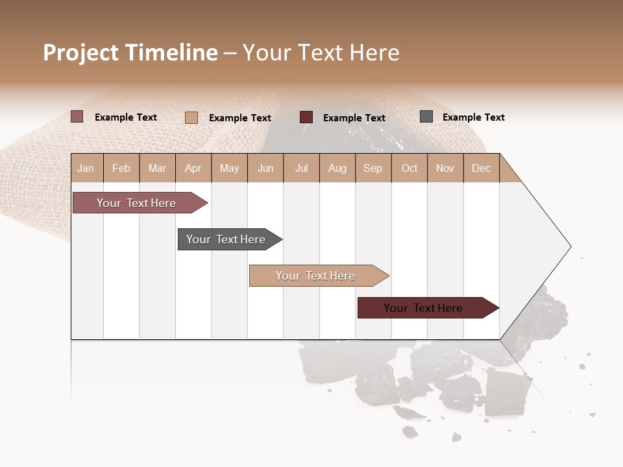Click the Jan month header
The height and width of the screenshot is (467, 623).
coord(86,168)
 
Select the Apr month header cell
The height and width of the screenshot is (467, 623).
coord(193,168)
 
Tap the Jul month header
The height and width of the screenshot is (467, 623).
coord(301,168)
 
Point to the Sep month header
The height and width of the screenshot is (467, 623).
coord(373,168)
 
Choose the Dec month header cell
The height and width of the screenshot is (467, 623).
coord(481,168)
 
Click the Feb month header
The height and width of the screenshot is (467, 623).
coord(121,168)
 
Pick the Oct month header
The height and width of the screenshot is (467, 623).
coord(409,168)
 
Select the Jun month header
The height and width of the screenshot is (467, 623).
coord(265,168)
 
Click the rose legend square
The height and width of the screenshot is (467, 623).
coord(77,117)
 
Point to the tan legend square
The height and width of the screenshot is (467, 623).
coord(191,117)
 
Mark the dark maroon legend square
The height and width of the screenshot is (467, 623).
coord(306,117)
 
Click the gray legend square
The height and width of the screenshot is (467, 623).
coord(426,117)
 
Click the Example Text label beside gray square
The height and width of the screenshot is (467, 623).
coord(473,117)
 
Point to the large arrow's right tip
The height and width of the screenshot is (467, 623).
coord(569,246)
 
